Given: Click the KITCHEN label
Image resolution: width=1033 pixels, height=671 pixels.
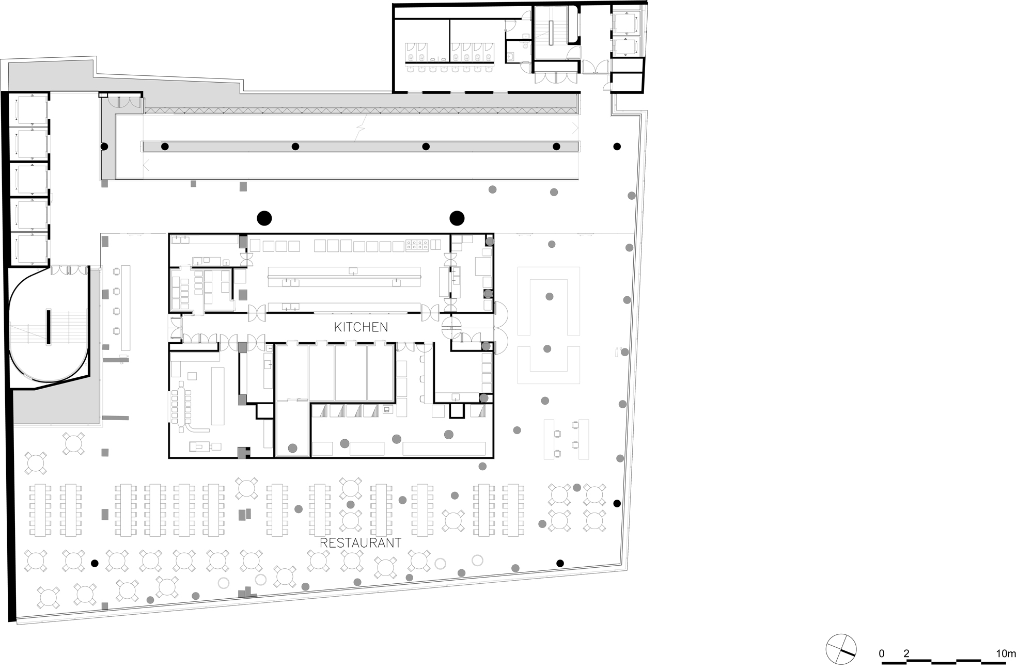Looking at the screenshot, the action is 361,327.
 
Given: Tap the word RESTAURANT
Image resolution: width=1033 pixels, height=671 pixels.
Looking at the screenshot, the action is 361,543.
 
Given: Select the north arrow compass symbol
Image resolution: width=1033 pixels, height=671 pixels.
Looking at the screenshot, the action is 841,649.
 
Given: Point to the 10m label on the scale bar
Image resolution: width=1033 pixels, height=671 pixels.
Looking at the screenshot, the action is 1006,653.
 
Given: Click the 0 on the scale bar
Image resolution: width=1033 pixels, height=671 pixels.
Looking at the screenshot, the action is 882,653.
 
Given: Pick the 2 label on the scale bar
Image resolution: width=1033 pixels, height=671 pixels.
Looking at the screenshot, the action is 906,653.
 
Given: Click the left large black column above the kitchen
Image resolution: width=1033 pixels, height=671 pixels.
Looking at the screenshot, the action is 264,218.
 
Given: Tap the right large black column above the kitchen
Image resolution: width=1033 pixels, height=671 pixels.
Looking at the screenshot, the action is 457,218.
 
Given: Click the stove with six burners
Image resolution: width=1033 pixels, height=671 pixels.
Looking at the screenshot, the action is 417,245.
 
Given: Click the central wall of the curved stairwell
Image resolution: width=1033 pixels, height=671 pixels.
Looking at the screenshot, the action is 49,327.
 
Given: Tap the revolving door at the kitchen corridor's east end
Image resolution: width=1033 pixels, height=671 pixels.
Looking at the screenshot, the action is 451,327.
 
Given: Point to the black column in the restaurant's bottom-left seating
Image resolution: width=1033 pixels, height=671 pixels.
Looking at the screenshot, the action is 95,564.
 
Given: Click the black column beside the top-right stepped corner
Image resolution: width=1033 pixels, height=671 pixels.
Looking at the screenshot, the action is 617,147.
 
